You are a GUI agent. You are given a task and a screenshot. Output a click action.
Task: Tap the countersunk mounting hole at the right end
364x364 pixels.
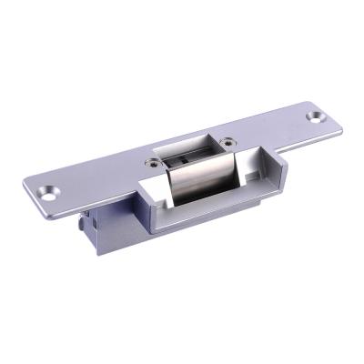316,117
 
